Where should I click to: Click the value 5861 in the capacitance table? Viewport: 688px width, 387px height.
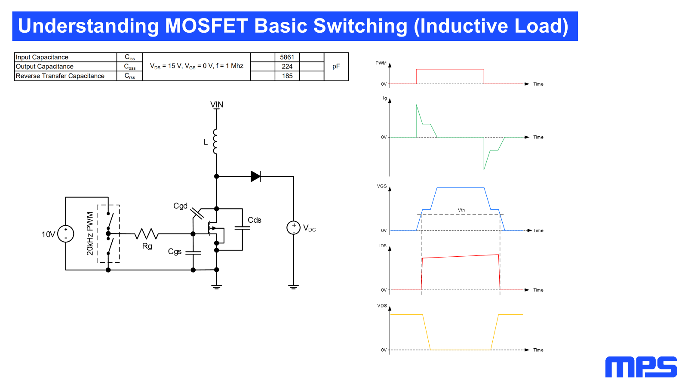287,57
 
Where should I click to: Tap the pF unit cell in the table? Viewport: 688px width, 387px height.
336,66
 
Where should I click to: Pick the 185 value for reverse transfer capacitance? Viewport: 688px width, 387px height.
287,76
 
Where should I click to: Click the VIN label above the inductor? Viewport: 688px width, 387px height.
217,104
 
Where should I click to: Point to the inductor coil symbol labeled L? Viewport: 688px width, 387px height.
215,141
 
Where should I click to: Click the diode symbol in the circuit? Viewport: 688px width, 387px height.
255,176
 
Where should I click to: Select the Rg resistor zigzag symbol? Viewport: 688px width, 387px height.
146,234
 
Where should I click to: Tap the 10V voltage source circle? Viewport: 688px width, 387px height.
66,234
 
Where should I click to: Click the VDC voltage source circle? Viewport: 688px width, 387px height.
293,228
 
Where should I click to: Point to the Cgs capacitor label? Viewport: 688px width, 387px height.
175,252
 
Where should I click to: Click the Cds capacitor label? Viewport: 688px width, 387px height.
254,220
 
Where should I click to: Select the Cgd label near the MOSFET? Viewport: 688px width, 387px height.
180,206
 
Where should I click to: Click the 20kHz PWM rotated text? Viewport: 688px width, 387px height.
90,233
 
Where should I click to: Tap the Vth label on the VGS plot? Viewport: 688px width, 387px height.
461,210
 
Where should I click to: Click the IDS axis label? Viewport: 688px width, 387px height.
383,246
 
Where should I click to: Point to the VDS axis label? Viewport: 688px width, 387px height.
382,306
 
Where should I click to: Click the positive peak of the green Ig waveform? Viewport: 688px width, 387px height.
417,105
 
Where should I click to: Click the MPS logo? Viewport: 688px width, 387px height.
641,367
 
